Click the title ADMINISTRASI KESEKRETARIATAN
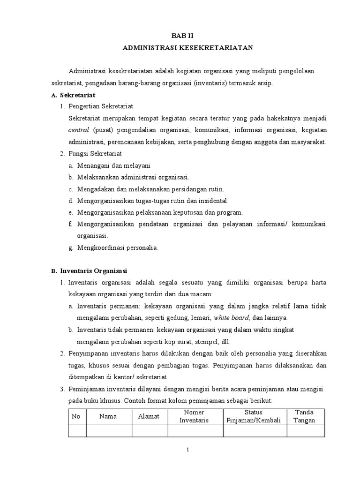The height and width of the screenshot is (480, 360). coord(187,48)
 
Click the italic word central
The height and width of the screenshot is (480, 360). coord(78,130)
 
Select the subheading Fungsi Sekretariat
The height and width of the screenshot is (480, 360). coord(95,153)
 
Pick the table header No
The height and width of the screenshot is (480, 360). coord(77,416)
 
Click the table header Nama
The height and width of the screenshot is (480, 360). coord(108,416)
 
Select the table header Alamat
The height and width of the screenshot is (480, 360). coord(149,416)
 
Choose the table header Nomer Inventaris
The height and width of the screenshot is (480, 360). coord(194,416)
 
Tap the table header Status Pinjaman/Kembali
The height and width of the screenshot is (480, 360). coord(254,416)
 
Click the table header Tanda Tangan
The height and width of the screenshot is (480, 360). coord(304,416)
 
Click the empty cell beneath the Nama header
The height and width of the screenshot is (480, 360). coord(108,431)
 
